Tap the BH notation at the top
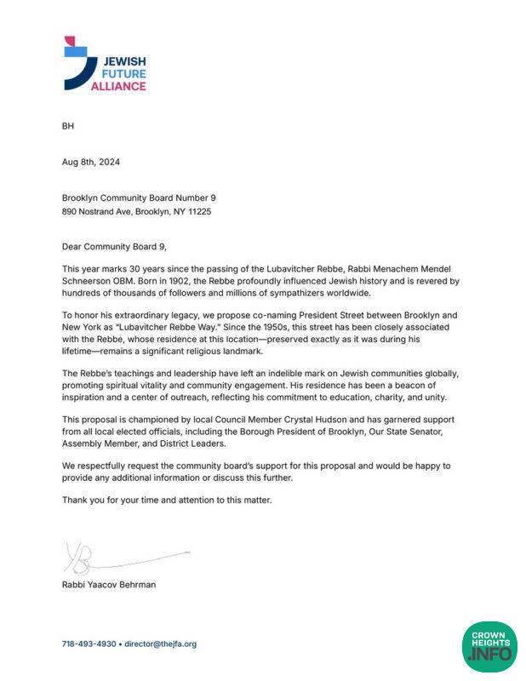(68, 126)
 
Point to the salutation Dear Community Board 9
(115, 246)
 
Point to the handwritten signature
(119, 558)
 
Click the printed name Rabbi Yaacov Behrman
(108, 585)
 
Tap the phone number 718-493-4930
(89, 644)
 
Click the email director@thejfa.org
(160, 644)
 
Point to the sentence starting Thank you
(167, 501)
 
